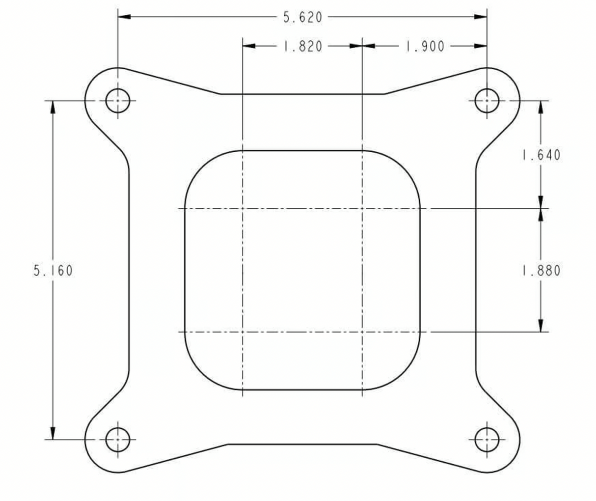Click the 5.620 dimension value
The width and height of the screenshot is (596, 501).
302,17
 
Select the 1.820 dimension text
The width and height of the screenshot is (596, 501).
302,46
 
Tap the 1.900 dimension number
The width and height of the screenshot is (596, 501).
425,46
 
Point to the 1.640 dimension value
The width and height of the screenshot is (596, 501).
541,155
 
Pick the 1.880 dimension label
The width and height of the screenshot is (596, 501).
541,271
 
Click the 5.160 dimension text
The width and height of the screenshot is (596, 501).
53,271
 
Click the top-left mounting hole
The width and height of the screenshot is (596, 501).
118,101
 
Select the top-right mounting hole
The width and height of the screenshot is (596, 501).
487,101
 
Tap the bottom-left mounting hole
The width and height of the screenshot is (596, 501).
118,440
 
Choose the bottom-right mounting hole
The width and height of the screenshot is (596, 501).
487,440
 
